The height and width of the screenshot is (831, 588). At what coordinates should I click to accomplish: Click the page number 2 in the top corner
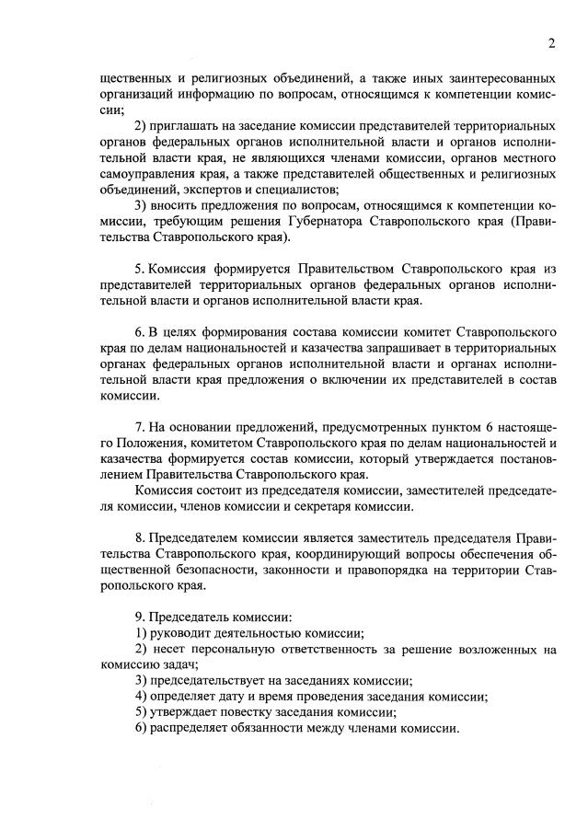[x=549, y=43]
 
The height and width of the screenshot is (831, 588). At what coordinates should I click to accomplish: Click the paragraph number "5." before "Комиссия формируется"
[x=141, y=269]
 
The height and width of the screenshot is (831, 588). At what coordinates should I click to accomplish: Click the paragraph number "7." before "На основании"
[x=141, y=428]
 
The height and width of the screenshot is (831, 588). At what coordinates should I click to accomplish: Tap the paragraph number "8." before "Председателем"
[x=141, y=537]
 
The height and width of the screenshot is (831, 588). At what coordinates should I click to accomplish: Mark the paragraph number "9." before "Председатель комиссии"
[x=141, y=617]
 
